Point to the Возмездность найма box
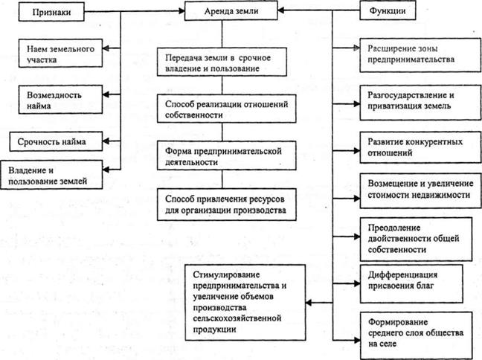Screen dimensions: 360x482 point(57,100)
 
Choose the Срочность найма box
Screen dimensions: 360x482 point(57,139)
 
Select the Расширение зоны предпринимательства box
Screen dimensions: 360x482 point(415,55)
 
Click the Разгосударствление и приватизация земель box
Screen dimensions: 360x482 point(415,101)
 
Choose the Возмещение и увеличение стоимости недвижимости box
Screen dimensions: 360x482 point(415,189)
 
